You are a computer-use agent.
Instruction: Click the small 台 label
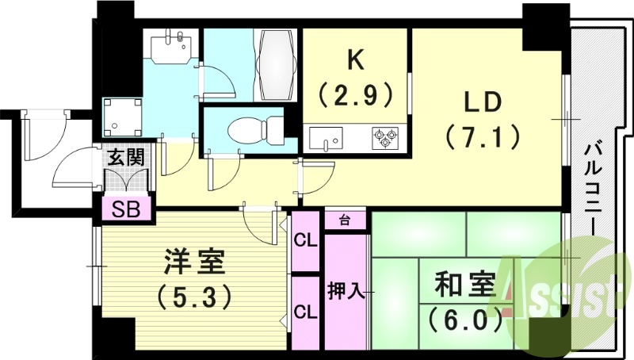(x=345, y=219)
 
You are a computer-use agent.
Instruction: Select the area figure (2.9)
(x=356, y=96)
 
